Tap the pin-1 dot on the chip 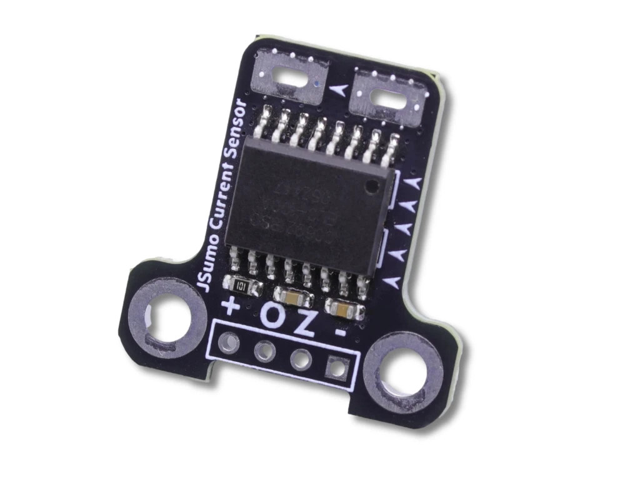click(373, 186)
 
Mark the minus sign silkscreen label click(341, 332)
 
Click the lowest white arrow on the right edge click(392, 282)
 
